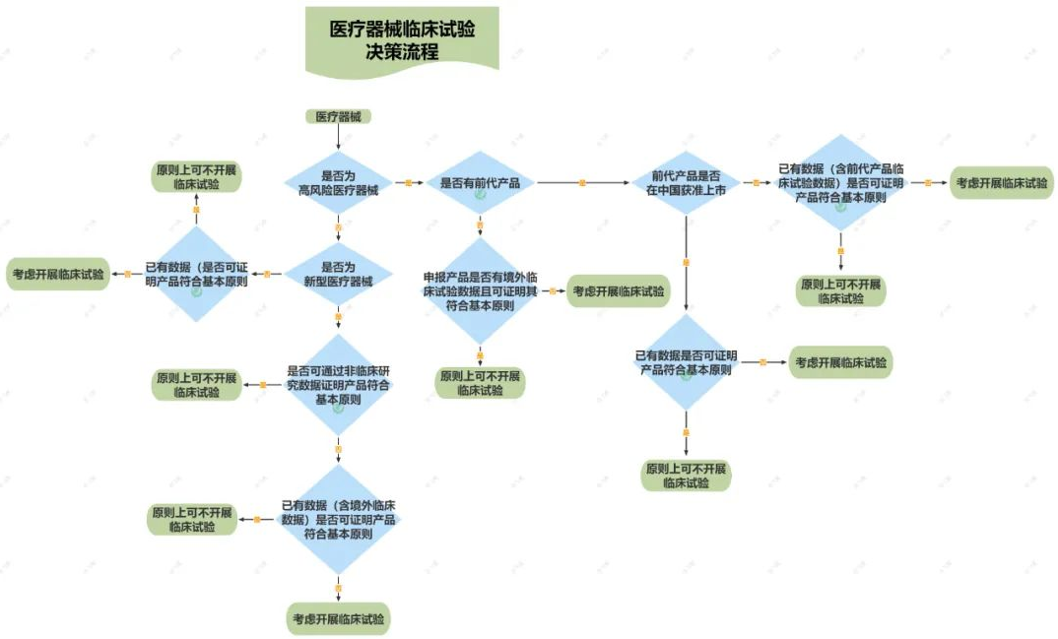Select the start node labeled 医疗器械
point(338,116)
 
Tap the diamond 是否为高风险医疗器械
point(338,183)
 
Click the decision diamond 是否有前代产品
point(480,183)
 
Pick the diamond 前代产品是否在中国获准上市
point(687,183)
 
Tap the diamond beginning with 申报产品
point(480,290)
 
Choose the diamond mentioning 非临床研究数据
point(338,385)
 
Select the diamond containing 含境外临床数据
point(338,519)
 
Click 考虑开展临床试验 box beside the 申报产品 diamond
point(619,291)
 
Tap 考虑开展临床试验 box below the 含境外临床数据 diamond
point(339,619)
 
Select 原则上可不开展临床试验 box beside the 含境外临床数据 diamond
point(193,520)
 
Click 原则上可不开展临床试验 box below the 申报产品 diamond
point(480,383)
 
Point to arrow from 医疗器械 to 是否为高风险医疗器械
point(338,137)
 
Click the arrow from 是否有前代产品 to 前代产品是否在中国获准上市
point(582,183)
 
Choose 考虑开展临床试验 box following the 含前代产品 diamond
point(1000,183)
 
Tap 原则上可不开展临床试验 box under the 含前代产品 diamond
point(840,290)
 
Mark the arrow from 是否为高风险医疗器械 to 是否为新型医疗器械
point(338,230)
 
